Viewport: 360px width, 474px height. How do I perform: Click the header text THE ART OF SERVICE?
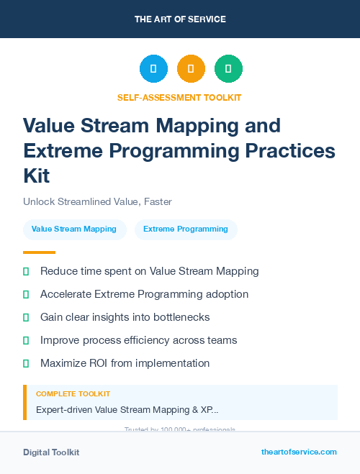(x=180, y=19)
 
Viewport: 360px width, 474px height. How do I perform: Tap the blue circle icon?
(x=153, y=69)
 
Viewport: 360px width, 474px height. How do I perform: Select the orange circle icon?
(x=191, y=69)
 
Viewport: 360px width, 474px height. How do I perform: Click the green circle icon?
(x=228, y=69)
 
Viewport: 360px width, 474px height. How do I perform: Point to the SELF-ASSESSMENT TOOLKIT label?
(x=180, y=98)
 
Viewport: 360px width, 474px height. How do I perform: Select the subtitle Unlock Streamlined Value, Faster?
(x=97, y=201)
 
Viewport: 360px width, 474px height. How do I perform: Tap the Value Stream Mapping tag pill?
(x=74, y=229)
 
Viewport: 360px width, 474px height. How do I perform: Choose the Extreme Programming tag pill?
(x=186, y=229)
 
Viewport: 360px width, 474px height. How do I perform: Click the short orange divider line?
(x=39, y=252)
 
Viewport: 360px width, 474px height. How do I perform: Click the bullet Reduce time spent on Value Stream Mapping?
(x=149, y=271)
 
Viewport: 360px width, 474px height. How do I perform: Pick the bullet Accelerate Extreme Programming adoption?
(x=144, y=294)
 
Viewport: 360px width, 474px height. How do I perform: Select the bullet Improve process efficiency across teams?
(x=138, y=340)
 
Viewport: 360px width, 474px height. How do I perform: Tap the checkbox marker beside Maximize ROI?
(x=26, y=363)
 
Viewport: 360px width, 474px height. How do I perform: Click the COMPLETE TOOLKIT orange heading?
(x=73, y=394)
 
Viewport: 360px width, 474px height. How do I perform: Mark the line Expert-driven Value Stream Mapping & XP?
(x=127, y=409)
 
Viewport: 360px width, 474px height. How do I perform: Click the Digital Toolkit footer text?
(x=51, y=452)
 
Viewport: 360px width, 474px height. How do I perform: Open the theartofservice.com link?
(x=299, y=452)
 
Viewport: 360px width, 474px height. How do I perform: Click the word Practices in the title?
(x=292, y=151)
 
